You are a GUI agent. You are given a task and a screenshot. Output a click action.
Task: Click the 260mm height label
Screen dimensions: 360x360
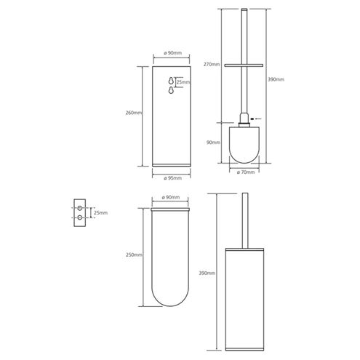(x=134, y=113)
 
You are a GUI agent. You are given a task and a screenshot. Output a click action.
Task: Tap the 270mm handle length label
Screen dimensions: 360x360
(x=212, y=65)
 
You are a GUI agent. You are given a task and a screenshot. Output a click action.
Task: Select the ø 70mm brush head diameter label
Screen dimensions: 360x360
(x=246, y=172)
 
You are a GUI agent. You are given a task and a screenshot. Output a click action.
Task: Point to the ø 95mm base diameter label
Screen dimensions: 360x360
(x=172, y=178)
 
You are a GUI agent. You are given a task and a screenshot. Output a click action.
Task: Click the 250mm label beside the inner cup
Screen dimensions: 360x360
(x=134, y=255)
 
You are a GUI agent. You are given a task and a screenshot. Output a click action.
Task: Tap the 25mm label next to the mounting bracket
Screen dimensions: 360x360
(x=100, y=213)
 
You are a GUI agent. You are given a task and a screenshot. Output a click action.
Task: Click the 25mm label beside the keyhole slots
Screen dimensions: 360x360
(x=183, y=82)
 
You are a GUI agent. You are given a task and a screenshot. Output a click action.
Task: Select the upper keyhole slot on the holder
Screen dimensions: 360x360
(x=171, y=81)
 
